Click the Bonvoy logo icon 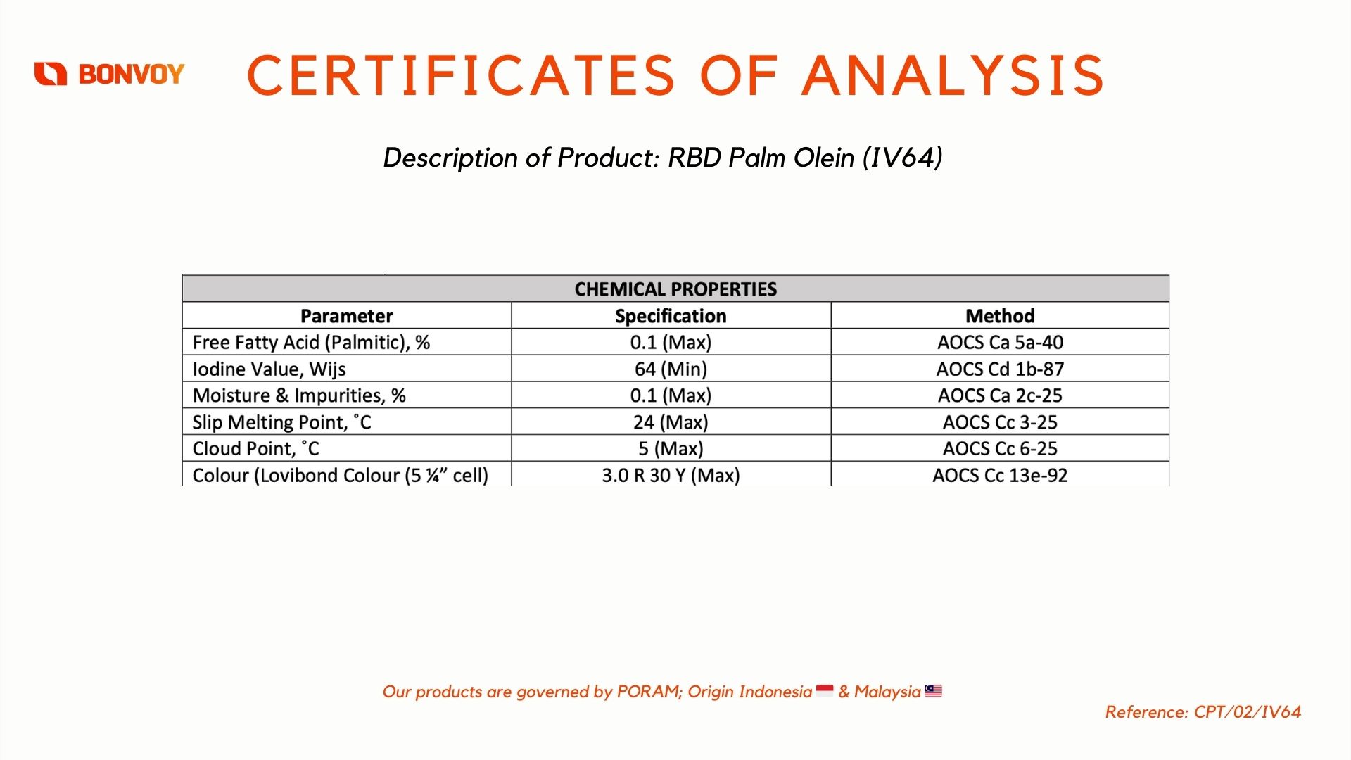51,73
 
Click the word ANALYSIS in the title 953,75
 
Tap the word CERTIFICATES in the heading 461,75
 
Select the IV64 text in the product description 903,157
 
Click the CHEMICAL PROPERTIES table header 675,289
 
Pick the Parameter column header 346,316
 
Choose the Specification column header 671,316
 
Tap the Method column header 1000,316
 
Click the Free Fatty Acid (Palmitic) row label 311,343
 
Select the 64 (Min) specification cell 671,369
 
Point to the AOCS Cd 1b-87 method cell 1000,369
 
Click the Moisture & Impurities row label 299,395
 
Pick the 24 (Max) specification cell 671,422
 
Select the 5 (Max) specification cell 671,448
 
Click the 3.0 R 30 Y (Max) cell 671,476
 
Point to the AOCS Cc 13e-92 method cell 1000,476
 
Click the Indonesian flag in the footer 825,691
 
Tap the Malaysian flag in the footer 933,691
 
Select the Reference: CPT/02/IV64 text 1203,712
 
